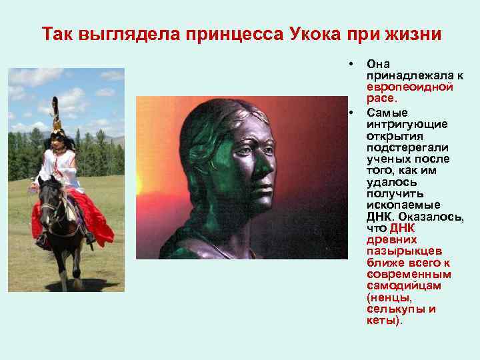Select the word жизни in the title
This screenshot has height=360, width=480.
[411, 33]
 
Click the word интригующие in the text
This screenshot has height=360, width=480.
[407, 124]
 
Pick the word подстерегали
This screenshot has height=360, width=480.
[407, 147]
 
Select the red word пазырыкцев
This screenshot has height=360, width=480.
[404, 251]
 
